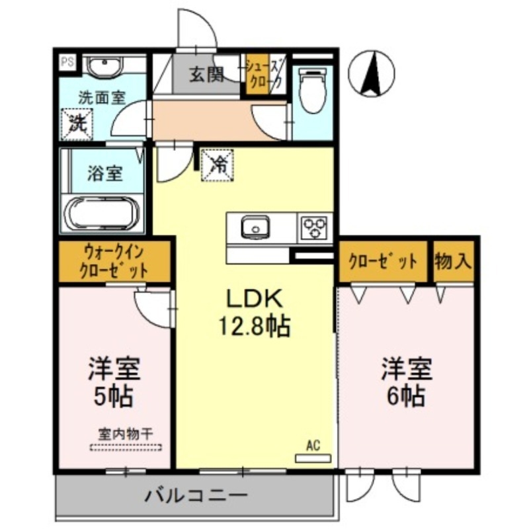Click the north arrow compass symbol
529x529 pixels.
[372, 72]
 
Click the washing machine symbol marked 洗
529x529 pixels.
[77, 124]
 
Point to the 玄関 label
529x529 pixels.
[206, 74]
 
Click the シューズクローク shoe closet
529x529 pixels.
[264, 74]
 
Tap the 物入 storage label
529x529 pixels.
[453, 261]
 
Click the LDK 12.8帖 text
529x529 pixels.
[255, 313]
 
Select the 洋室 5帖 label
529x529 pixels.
[114, 382]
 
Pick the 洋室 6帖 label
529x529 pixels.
[405, 382]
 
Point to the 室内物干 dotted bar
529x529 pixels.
[126, 447]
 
